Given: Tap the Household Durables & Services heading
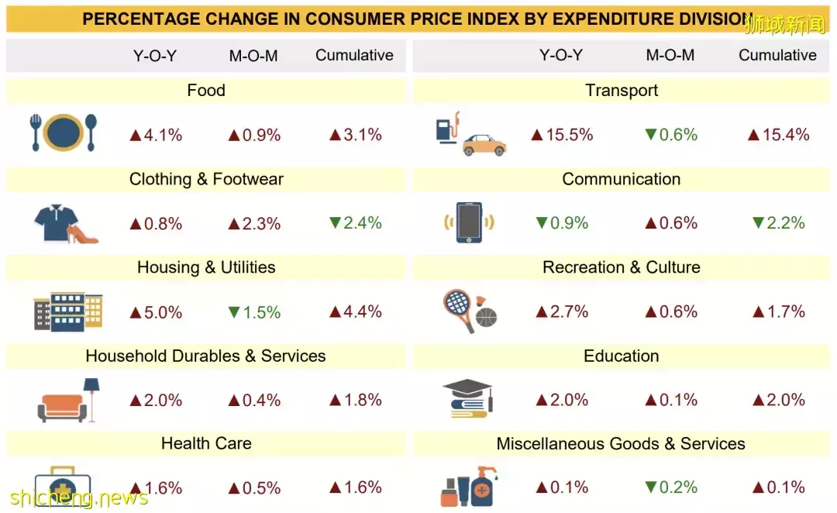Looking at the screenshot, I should [205, 356].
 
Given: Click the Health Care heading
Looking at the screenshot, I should [206, 443].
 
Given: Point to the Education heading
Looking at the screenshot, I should [622, 356].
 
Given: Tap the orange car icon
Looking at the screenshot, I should [484, 143].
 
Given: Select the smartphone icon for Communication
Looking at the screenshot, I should [469, 222].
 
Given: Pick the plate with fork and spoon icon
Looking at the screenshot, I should [64, 133].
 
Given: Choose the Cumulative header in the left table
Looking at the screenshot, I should [354, 55].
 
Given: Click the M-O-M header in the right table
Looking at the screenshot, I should [670, 55].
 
